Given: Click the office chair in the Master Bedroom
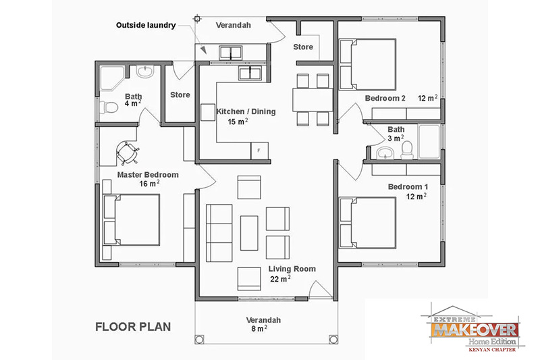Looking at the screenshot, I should click(x=127, y=151).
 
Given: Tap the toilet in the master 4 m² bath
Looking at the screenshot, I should click(x=108, y=107).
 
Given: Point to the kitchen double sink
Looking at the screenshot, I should click(x=250, y=73).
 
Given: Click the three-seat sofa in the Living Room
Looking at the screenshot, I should click(x=218, y=224).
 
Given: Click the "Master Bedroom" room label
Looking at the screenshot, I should click(x=148, y=174).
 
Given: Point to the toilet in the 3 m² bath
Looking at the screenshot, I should click(x=406, y=149).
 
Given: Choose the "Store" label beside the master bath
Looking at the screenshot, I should click(x=180, y=95).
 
